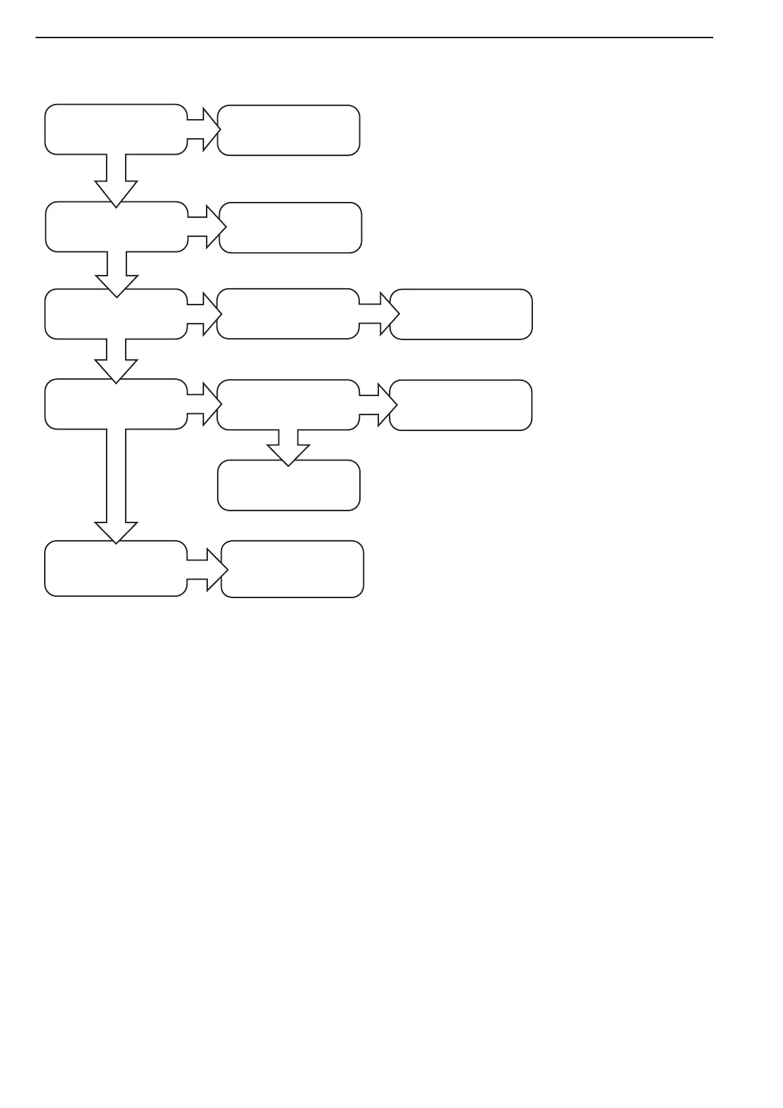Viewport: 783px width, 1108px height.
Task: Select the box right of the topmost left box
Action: coord(288,130)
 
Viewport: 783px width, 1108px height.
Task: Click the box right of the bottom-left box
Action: coord(292,569)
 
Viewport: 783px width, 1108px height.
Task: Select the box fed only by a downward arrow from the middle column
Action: coord(289,486)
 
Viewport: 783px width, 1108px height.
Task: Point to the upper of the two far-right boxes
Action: coord(461,315)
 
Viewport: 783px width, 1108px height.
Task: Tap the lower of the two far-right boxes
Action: coord(461,405)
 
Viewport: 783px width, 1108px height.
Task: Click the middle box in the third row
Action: coord(288,314)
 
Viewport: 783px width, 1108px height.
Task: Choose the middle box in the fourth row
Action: coord(288,405)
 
